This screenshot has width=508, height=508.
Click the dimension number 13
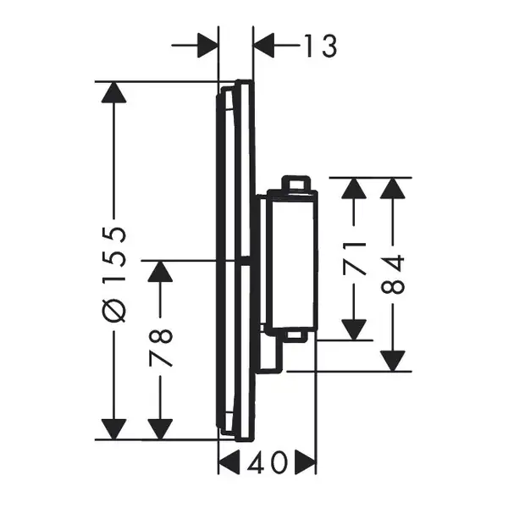[321, 46]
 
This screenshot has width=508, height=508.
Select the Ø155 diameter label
[113, 274]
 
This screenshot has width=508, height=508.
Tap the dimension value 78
[160, 348]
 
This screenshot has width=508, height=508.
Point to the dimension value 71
[354, 258]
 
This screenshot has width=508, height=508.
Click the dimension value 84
[393, 274]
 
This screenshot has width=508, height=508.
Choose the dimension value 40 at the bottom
[268, 462]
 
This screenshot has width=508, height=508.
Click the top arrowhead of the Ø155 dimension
[113, 92]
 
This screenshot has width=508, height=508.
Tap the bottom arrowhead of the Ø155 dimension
[113, 429]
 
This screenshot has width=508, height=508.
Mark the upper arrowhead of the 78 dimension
[160, 271]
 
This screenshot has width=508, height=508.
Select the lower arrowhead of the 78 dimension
[160, 429]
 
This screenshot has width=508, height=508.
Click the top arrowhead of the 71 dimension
[354, 188]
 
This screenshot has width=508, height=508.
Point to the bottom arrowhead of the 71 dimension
[354, 330]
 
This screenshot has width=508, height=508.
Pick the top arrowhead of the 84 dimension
[393, 188]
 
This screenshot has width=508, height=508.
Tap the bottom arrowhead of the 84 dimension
[393, 362]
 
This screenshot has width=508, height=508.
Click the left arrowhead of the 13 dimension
[207, 46]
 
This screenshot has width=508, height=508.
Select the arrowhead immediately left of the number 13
[264, 46]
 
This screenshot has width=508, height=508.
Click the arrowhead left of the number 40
[229, 462]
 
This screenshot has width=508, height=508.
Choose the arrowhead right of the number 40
[305, 462]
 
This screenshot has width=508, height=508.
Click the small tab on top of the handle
[295, 184]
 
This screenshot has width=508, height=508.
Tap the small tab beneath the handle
[295, 336]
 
